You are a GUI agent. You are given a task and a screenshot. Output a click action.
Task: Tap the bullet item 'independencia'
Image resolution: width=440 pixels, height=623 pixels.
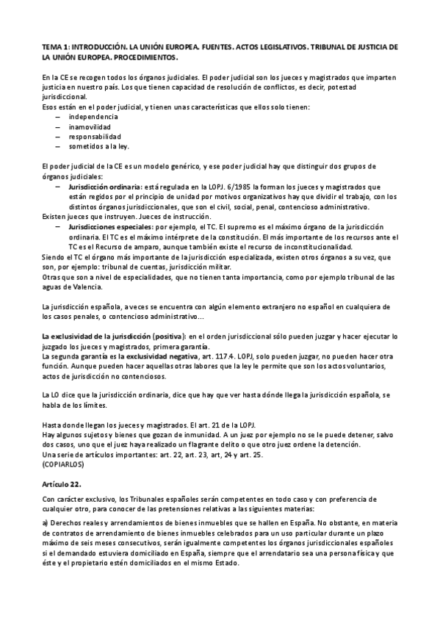click(93, 117)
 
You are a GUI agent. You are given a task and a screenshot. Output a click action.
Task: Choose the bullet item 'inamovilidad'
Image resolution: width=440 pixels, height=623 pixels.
click(90, 126)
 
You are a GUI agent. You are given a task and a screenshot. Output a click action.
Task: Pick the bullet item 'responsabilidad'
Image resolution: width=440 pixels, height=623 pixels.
click(95, 136)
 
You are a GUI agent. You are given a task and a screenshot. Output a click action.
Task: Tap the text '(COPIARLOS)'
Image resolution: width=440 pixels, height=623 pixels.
click(64, 454)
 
